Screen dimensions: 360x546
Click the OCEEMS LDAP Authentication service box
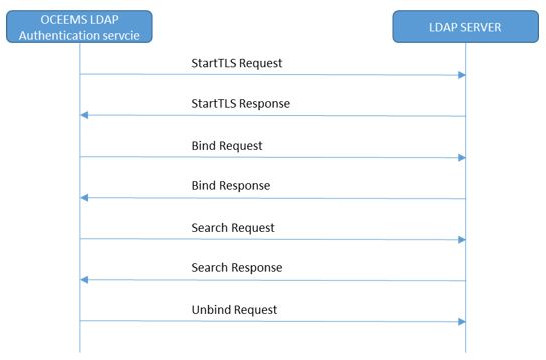point(79,26)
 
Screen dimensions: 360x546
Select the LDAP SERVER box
point(467,27)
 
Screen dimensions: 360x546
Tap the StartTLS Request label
point(237,63)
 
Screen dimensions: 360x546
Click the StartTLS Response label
point(241,104)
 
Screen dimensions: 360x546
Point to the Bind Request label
point(227,146)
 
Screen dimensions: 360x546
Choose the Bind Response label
point(231,186)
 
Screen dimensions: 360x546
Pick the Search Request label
point(233,228)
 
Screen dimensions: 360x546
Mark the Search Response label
point(237,268)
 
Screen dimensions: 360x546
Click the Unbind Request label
point(234,310)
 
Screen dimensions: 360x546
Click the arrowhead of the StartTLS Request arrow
point(461,75)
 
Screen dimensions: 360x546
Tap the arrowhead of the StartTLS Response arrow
point(85,116)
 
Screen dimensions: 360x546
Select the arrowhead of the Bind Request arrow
point(461,157)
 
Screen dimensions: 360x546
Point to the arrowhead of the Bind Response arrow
point(85,198)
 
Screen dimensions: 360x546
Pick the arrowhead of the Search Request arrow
point(461,239)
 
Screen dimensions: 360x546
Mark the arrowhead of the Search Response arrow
point(85,280)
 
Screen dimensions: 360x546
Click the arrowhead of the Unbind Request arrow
point(461,321)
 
